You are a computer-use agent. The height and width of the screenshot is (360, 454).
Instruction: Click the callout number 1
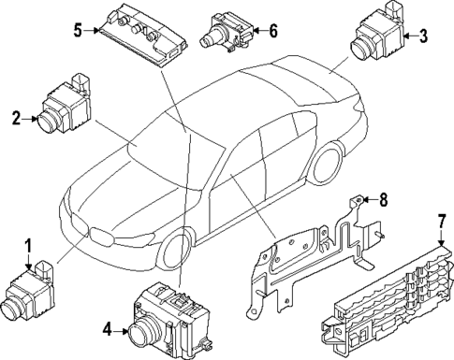tap(28, 246)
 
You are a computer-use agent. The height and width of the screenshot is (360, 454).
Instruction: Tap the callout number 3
tap(424, 36)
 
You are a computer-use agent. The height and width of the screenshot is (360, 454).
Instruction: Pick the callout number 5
tap(78, 30)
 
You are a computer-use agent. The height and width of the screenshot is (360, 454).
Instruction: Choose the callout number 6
tap(272, 30)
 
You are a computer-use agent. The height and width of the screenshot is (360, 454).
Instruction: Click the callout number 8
tap(382, 198)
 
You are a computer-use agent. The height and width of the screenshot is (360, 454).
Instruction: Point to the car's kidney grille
tap(95, 235)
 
